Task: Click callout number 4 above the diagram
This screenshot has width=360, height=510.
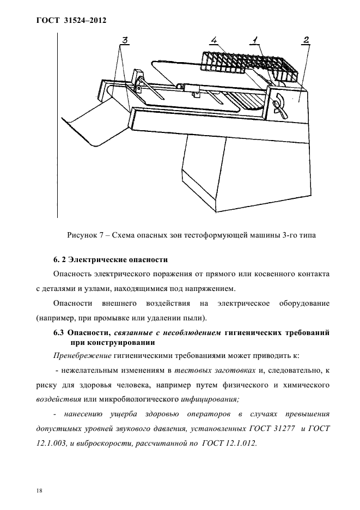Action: point(214,40)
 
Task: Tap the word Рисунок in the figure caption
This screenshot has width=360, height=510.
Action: point(82,235)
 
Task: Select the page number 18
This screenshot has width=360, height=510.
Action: point(39,475)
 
